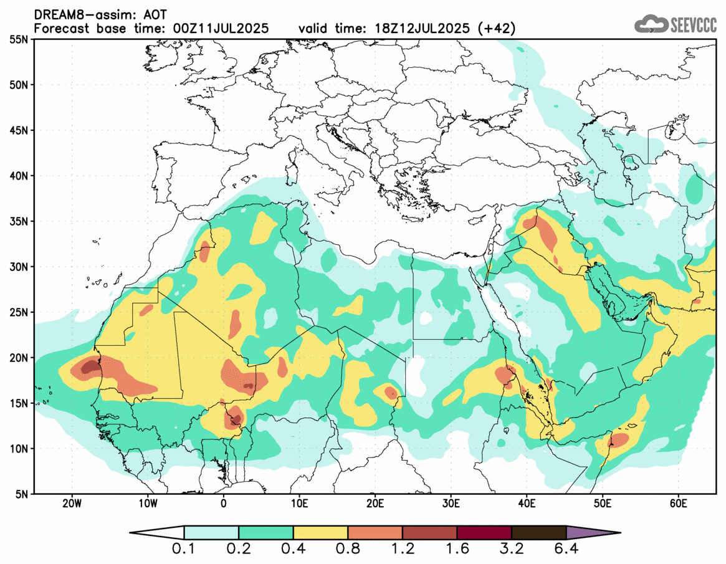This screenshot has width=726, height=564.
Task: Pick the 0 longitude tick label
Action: click(x=223, y=504)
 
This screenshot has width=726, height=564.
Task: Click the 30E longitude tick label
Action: click(x=451, y=504)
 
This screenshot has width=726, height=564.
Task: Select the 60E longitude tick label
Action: click(x=678, y=504)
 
